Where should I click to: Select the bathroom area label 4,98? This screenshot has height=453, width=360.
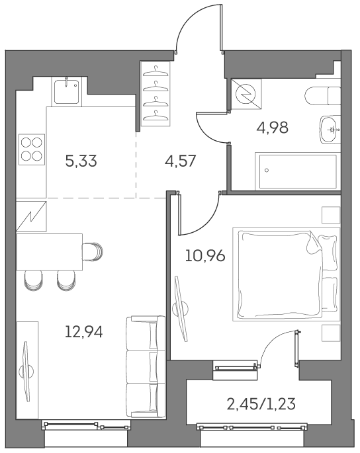(272, 128)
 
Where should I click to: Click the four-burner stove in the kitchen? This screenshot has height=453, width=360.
(32, 149)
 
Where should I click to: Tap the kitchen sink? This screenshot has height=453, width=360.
(67, 91)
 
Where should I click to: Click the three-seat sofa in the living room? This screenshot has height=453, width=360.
(144, 366)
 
